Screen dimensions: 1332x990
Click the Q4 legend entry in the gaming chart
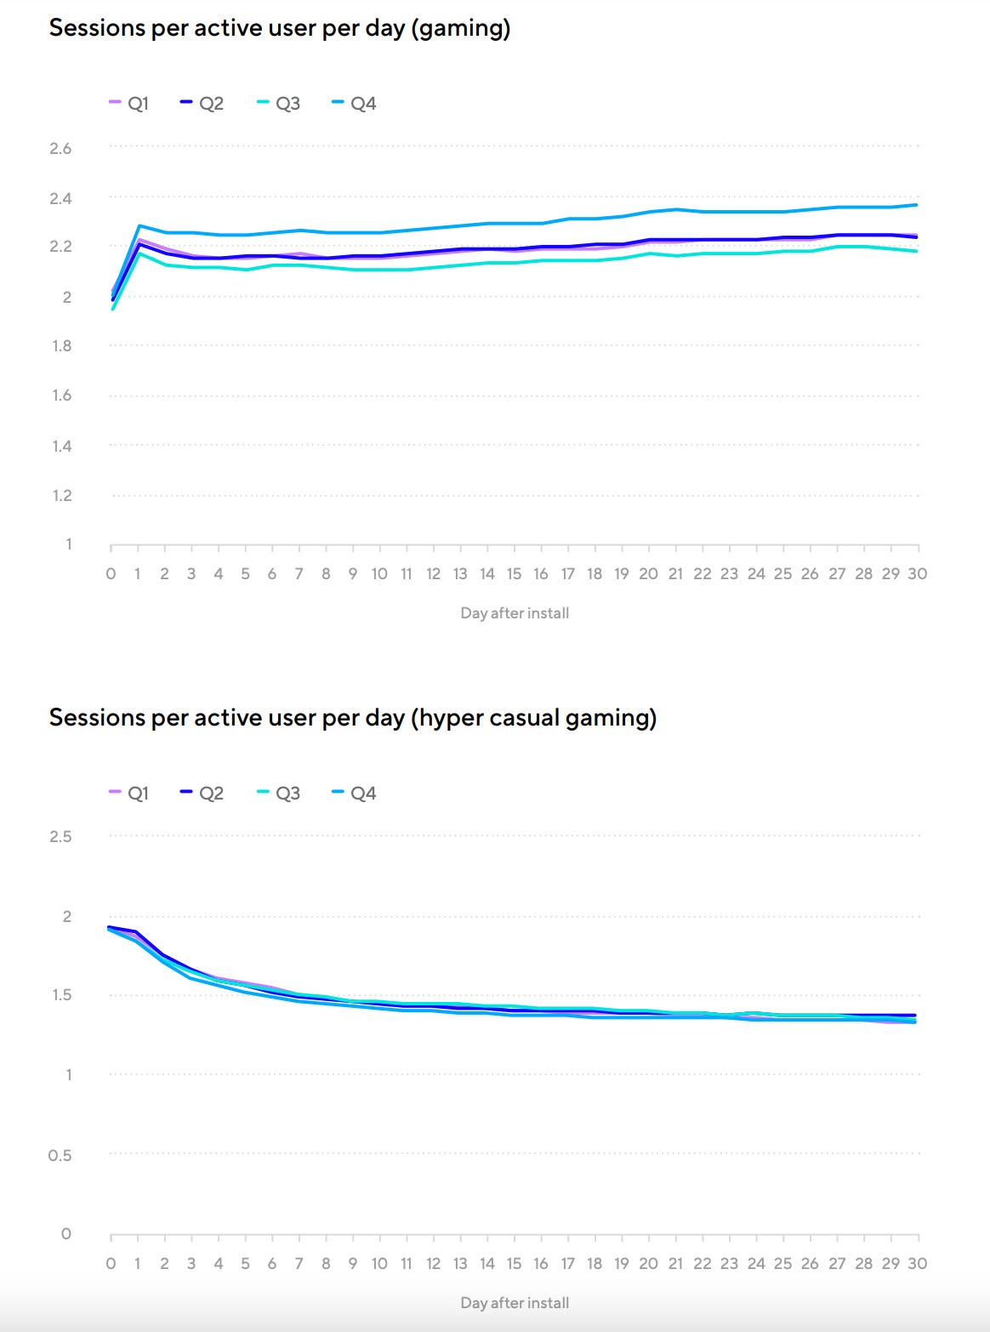click(x=354, y=104)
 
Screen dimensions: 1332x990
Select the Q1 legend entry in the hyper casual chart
click(x=129, y=794)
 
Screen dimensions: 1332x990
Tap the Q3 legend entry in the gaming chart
click(x=279, y=104)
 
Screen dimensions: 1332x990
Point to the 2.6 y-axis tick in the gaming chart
click(x=60, y=148)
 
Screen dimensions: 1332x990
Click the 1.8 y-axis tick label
click(x=61, y=346)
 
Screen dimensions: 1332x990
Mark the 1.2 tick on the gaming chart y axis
click(x=61, y=495)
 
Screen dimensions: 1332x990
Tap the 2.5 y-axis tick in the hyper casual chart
click(x=60, y=836)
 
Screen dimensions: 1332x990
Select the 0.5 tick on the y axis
click(x=60, y=1155)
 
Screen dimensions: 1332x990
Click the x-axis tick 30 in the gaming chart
click(x=917, y=574)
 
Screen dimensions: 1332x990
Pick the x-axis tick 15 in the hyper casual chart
click(x=514, y=1264)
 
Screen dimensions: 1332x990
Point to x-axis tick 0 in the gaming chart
click(x=111, y=574)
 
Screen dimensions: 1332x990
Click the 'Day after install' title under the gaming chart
click(x=515, y=613)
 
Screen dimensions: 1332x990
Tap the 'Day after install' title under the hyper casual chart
click(x=515, y=1303)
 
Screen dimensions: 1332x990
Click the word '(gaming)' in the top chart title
click(x=460, y=28)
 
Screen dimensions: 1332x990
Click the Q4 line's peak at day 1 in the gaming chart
click(x=139, y=225)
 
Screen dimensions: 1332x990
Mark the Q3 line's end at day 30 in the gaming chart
click(x=917, y=251)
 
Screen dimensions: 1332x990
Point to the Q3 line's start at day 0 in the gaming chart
click(x=112, y=309)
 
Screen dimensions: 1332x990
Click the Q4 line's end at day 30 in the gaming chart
click(x=917, y=204)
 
